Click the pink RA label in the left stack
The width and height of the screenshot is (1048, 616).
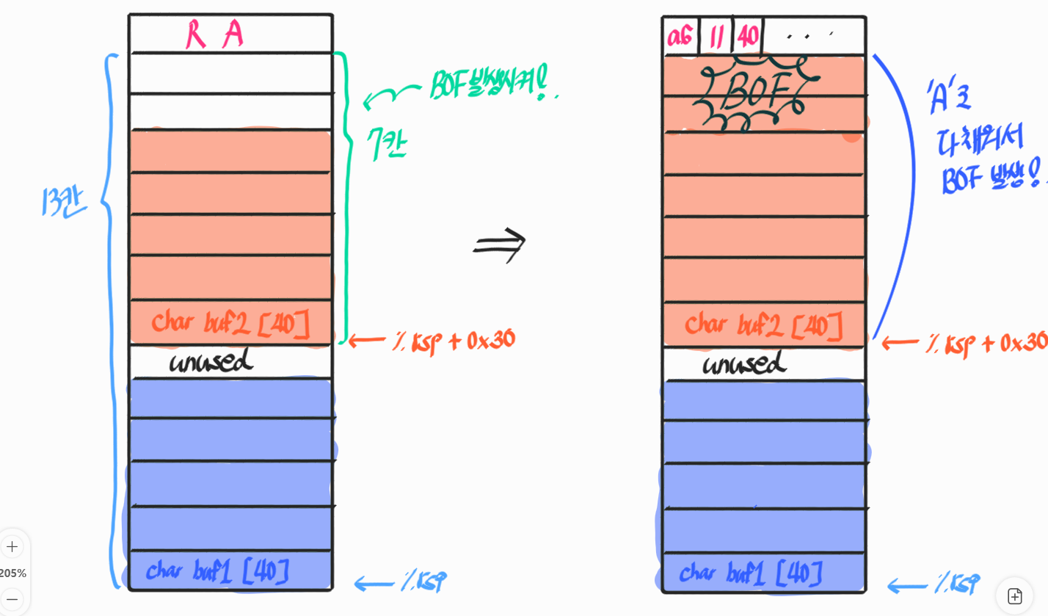click(214, 34)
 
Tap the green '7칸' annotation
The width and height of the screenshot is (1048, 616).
click(387, 144)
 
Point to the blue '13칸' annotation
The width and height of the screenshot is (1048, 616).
click(63, 201)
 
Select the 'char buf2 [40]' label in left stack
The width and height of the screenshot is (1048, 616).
click(230, 324)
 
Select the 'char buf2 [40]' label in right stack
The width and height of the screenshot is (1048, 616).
click(763, 325)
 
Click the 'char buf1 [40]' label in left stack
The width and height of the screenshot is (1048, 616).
click(218, 571)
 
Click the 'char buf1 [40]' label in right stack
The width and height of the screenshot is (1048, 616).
click(751, 573)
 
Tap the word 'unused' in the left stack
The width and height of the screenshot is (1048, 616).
click(211, 361)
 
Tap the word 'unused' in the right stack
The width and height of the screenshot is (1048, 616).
click(744, 363)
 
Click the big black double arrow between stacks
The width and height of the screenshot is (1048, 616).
click(500, 244)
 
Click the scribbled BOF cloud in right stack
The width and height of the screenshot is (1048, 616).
click(756, 93)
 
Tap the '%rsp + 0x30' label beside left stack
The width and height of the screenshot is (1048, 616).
click(454, 341)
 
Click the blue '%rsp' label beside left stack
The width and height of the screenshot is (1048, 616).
click(423, 581)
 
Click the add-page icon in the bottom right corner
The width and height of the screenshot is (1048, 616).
click(1014, 595)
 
